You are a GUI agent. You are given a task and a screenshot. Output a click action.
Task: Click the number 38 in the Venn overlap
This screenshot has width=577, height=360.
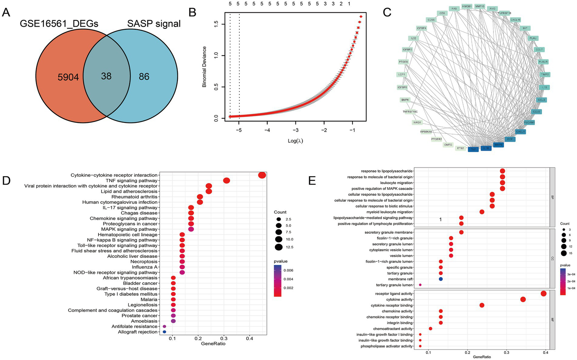point(106,76)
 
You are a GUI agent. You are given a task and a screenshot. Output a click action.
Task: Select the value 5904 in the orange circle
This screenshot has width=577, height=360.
point(68,77)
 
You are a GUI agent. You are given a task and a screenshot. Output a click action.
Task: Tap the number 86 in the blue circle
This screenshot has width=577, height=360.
point(144,77)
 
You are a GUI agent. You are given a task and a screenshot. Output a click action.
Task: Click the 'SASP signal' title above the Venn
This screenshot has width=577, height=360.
point(154,24)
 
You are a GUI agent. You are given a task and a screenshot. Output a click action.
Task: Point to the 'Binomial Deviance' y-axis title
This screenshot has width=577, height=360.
point(204,67)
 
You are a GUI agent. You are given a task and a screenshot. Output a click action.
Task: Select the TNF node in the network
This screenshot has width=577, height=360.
point(473,149)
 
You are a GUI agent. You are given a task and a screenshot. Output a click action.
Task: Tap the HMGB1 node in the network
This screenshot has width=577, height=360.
point(467,6)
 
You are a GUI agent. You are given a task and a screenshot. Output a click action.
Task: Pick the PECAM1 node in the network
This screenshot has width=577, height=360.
point(529,123)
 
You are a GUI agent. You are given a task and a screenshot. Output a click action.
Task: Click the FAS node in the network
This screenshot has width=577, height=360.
point(454,8)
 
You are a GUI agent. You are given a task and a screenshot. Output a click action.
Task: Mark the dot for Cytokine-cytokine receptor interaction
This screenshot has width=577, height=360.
point(262,175)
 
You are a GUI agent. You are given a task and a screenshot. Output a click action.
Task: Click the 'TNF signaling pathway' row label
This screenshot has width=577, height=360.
point(132,181)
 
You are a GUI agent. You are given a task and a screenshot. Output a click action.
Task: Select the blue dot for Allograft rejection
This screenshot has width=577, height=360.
point(164,332)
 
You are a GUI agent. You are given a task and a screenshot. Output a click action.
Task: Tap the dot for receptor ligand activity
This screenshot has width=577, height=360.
point(543,294)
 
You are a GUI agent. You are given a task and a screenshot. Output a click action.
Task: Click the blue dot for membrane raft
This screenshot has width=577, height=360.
point(441,279)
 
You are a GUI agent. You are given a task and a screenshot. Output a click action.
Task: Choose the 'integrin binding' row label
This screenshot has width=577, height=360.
point(400,323)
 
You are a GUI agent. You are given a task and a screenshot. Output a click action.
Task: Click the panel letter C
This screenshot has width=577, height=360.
point(387,12)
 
